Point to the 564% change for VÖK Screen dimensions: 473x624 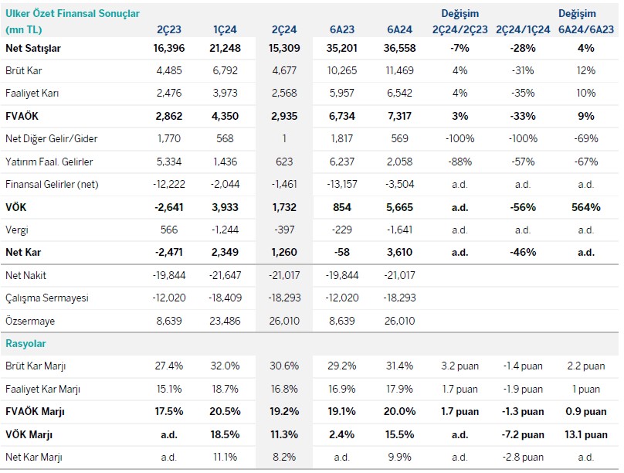585,207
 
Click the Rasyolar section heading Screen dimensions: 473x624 27,343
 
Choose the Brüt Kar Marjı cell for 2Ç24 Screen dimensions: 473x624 286,366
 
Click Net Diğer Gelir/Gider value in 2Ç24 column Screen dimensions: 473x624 286,139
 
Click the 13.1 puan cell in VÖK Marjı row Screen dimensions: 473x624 585,434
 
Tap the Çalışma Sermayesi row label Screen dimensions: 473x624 46,298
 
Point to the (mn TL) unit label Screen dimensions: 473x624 25,29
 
